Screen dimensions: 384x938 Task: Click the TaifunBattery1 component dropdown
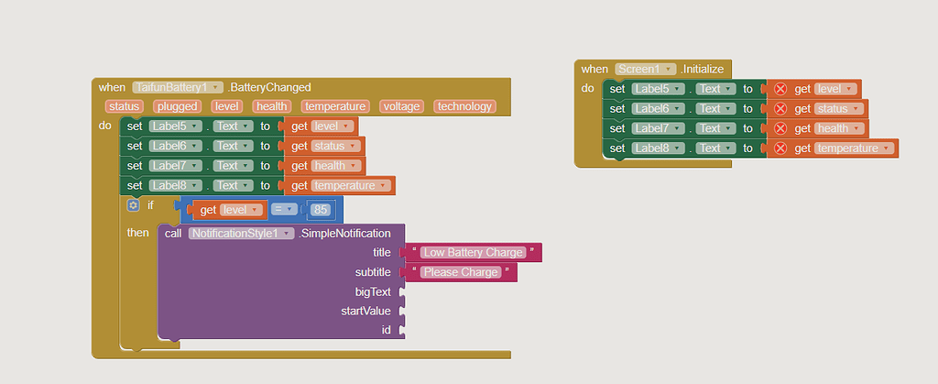(178, 87)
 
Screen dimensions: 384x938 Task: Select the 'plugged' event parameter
(176, 106)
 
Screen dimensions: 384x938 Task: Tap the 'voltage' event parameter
(401, 106)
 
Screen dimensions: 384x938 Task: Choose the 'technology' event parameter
(464, 106)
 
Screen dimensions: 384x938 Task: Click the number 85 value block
(321, 210)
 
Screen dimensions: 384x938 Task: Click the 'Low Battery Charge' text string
(474, 252)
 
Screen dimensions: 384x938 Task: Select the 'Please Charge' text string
(461, 272)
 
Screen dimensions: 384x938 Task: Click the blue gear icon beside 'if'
(133, 205)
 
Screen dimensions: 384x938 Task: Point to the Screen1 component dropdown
(645, 69)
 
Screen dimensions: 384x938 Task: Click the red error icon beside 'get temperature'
(780, 148)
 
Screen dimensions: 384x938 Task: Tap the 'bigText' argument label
(373, 292)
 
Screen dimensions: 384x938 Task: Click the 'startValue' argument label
(366, 312)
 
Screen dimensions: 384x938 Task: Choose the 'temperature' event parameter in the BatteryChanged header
(334, 106)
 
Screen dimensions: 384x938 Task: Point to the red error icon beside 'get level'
(780, 89)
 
